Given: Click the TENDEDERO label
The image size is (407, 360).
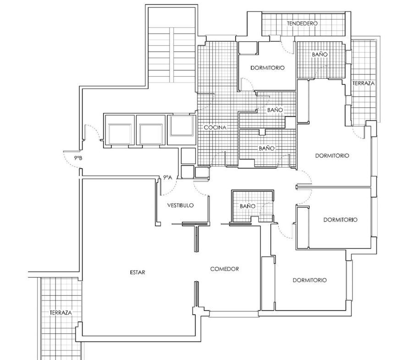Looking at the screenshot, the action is [x=302, y=23].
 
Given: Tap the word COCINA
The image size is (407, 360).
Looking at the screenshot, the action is [x=215, y=127].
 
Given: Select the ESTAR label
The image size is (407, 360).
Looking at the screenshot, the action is [x=137, y=272].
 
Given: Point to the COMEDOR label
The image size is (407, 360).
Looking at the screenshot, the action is [x=225, y=269].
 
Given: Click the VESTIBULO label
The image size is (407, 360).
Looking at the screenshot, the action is [x=181, y=205].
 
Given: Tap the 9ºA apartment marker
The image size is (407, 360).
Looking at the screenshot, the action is [x=168, y=177].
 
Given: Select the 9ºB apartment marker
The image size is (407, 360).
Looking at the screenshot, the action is [x=78, y=158].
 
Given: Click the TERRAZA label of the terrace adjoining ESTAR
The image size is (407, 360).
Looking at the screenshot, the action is [x=61, y=313].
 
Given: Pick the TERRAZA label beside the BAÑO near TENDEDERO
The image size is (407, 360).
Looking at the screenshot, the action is [x=363, y=83].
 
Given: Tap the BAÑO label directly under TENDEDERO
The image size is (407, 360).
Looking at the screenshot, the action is [x=320, y=55].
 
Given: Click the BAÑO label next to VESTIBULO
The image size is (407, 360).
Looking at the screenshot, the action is [x=247, y=206].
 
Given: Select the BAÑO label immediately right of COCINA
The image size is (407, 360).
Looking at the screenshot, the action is [x=267, y=148].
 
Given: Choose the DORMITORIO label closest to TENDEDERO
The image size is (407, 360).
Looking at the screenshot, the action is [x=267, y=68].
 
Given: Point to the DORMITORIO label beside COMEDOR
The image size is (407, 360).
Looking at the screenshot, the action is [x=310, y=280].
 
